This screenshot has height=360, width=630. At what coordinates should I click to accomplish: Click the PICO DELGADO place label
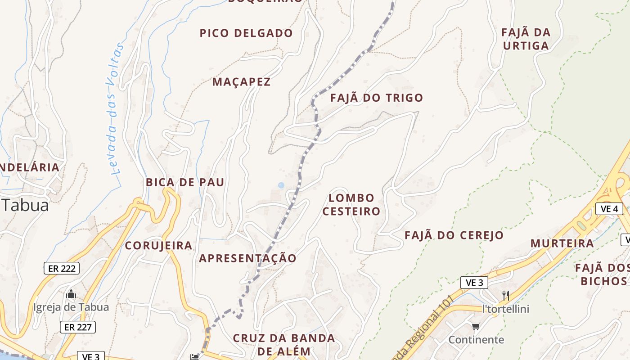246,33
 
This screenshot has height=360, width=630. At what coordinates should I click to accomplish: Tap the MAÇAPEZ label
242,82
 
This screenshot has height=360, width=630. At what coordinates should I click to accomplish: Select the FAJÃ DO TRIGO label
377,98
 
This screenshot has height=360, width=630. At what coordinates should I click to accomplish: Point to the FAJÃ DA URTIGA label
526,39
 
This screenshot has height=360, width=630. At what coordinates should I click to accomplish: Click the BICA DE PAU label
185,182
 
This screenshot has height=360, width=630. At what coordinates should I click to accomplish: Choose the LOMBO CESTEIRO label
351,205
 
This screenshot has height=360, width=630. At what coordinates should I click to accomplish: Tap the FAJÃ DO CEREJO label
454,235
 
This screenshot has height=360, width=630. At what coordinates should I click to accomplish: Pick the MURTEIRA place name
562,243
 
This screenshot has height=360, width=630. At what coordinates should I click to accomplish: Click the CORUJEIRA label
158,246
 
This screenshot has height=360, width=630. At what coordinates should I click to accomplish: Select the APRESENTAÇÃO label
247,258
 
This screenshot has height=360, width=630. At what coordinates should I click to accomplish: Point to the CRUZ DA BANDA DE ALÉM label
283,345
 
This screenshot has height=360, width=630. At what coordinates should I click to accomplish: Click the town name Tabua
25,205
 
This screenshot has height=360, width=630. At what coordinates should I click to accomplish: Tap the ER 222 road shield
62,269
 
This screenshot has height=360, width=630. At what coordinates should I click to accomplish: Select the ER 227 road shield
78,327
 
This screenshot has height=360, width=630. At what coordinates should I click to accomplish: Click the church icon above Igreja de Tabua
71,295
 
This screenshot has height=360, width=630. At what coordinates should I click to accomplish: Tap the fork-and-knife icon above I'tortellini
506,296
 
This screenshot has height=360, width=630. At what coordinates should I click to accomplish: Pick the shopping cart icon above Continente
476,326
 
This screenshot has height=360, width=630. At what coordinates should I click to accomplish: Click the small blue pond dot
281,185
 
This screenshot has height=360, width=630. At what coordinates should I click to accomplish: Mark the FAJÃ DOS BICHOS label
603,274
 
